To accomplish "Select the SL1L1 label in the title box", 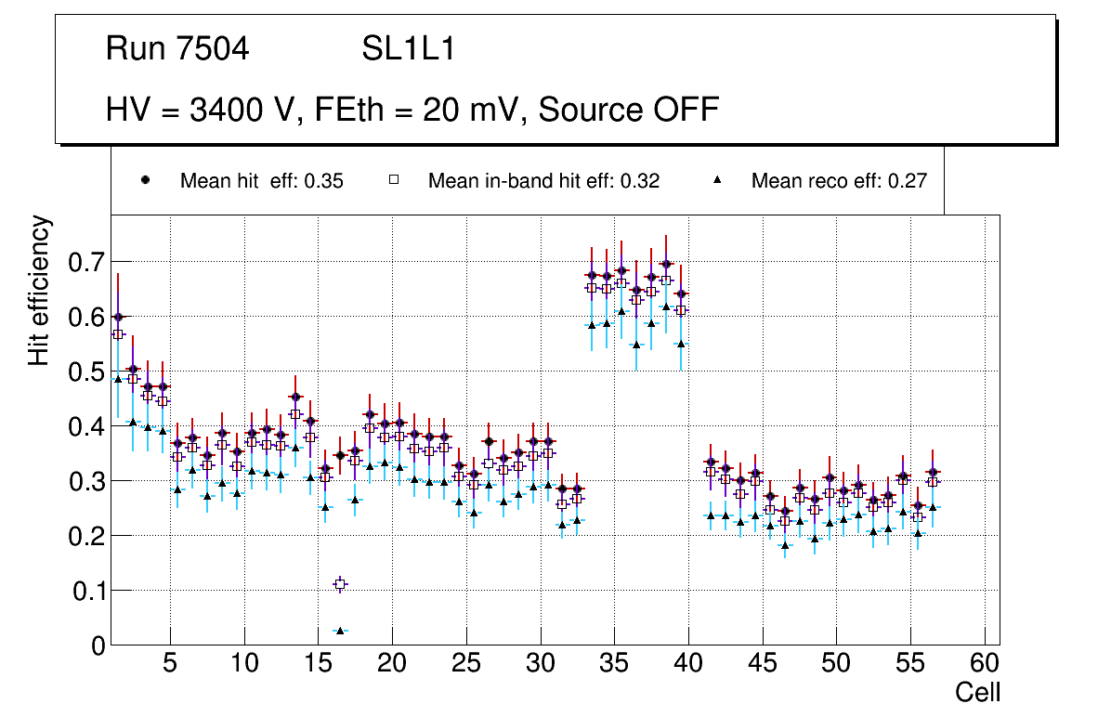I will pos(408,49).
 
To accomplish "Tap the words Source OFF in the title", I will pos(629,110).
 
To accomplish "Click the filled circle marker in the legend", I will pos(146,180).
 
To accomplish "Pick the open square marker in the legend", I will pos(394,180).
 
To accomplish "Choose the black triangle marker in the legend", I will pos(718,180).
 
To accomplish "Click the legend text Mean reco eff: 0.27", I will pos(839,181).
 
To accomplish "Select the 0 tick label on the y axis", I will pos(99,645).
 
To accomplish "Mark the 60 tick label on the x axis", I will pos(985,664).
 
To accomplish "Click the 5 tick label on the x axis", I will pos(170,664).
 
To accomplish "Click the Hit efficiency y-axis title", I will pos(39,290).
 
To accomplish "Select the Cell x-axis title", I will pos(978,693).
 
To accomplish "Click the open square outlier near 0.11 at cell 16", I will pos(340,584).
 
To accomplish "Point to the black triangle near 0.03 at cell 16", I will pos(340,631).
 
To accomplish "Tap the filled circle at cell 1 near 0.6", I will pos(118,317).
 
